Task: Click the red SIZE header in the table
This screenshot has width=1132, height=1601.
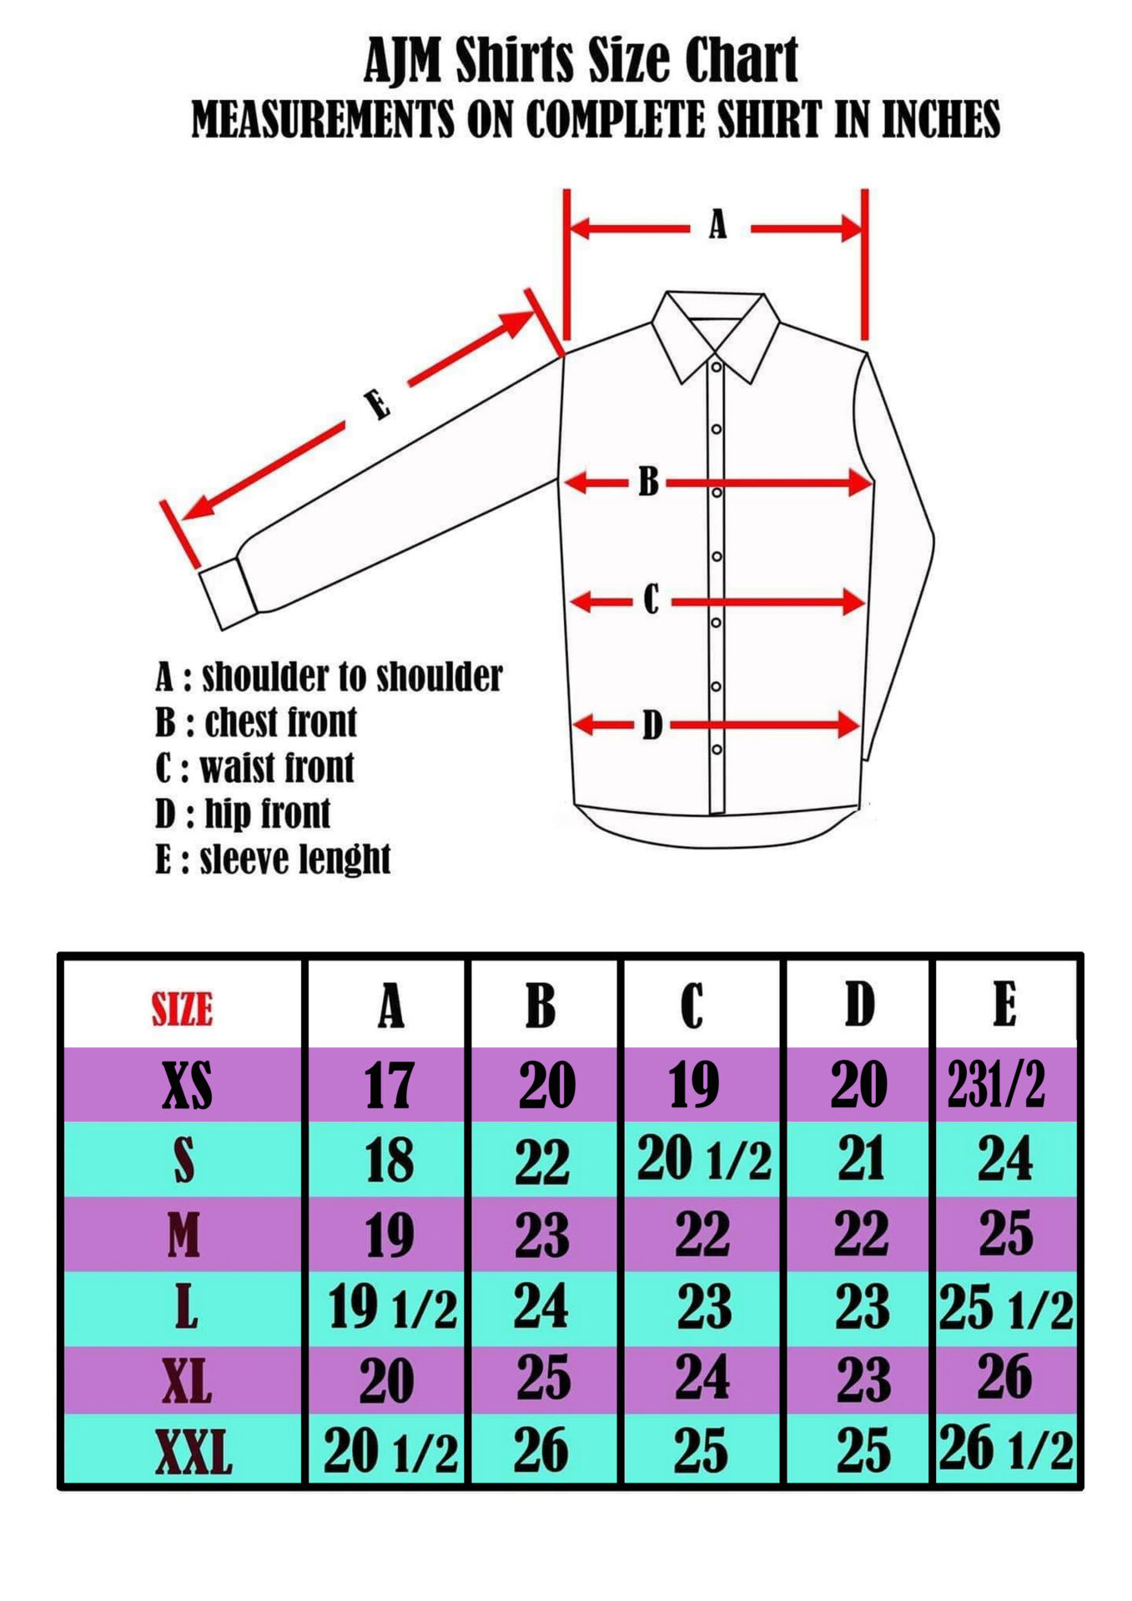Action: click(x=182, y=1008)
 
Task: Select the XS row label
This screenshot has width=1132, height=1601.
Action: click(x=187, y=1086)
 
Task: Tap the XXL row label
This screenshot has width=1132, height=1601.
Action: click(x=194, y=1452)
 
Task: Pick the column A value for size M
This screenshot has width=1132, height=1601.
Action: click(x=390, y=1235)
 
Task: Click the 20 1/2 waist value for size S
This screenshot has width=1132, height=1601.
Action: click(x=704, y=1160)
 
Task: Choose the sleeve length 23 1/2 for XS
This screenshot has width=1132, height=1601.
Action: click(x=996, y=1085)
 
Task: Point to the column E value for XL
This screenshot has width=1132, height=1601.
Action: click(x=1005, y=1377)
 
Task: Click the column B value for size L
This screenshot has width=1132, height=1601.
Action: click(x=541, y=1306)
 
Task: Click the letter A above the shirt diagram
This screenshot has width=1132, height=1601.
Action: click(x=717, y=224)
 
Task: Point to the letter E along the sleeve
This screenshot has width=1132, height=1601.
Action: click(x=377, y=405)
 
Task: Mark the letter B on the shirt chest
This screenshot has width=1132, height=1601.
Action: click(x=648, y=481)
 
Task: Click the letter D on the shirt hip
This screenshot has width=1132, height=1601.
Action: click(x=652, y=725)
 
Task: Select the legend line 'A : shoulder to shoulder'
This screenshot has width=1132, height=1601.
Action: click(x=329, y=676)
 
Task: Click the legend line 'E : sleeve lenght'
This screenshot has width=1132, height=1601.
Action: click(x=273, y=859)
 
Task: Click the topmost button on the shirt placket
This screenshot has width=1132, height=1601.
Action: click(x=716, y=367)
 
